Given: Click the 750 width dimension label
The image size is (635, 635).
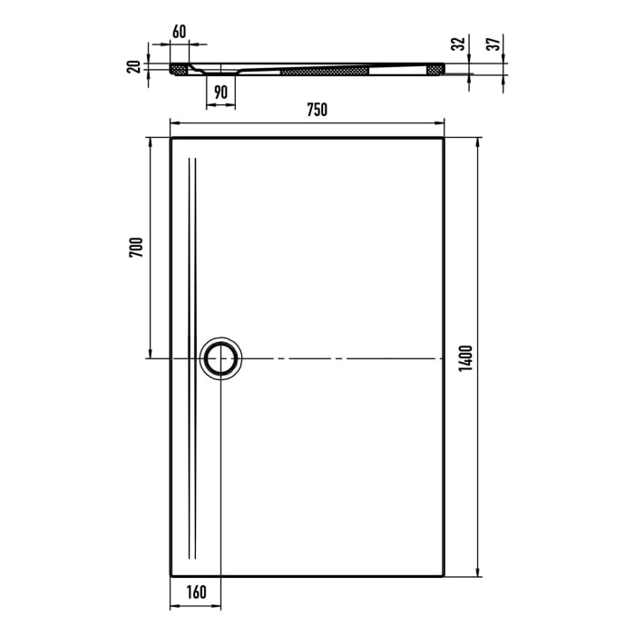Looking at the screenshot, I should point(317,111).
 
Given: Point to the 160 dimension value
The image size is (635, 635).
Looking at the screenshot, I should point(197,593).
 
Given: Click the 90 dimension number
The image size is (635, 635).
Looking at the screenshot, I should point(220,92).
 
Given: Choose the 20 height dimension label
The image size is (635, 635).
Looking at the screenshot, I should point(134,66).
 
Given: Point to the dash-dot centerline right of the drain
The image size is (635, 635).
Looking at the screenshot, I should point(345,359).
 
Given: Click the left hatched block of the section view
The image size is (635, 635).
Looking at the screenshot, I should point(179,68).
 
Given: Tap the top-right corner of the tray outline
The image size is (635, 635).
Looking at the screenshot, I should point(444,138).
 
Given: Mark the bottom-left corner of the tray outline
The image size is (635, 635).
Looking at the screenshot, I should point(171,575).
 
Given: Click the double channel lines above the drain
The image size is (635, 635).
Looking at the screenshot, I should point(191,245).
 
